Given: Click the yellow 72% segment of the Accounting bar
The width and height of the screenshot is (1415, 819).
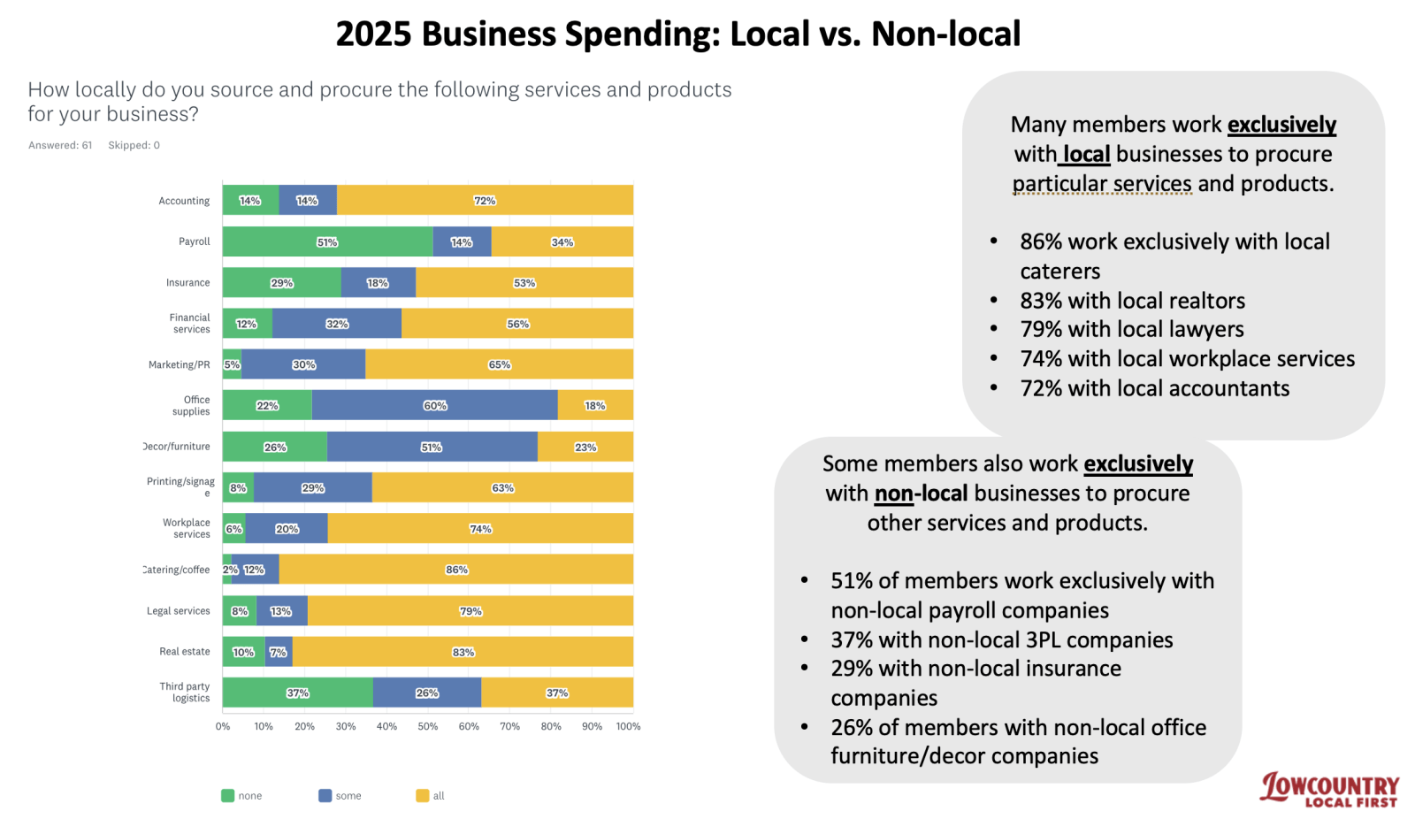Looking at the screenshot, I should (485, 201).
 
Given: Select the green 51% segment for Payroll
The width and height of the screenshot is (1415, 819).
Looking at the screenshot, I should (327, 241).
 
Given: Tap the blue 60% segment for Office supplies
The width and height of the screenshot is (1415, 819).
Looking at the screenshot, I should (434, 405).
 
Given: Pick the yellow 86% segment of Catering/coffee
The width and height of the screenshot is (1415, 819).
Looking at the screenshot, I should (456, 570).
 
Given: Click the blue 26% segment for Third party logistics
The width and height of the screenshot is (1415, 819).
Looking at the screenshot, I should (427, 693).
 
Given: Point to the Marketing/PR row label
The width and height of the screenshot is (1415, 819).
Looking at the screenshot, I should (180, 364).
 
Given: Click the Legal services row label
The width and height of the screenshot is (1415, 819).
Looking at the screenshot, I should (179, 610).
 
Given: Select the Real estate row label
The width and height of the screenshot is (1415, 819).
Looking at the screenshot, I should (185, 652).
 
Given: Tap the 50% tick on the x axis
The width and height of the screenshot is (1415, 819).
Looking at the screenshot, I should (428, 726).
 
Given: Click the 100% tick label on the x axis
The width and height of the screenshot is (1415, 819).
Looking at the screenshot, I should (628, 726).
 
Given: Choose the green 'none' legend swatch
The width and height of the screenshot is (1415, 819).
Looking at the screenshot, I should (227, 796).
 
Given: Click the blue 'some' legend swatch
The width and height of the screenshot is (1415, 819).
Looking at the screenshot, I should (325, 796).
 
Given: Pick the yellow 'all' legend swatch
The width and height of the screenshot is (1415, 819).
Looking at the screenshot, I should (422, 796).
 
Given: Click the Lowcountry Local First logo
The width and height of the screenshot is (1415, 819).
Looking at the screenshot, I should (1329, 789).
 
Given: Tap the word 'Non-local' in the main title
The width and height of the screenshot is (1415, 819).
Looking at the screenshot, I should (945, 34).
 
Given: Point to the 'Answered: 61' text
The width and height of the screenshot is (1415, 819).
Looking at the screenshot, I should (60, 145).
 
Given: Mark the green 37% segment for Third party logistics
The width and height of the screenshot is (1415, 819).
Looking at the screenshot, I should (297, 693).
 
